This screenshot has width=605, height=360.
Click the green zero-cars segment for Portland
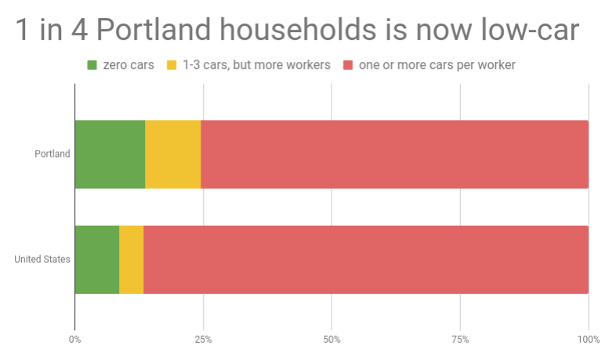(110, 155)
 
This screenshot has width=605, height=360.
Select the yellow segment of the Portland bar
(173, 155)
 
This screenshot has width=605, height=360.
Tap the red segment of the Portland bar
(395, 155)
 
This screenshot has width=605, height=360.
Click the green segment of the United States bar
(97, 260)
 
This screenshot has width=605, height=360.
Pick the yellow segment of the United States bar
(132, 260)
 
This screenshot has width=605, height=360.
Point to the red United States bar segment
(366, 260)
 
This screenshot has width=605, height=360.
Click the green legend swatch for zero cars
(92, 65)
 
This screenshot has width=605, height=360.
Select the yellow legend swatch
(172, 65)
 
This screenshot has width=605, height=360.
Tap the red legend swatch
(348, 65)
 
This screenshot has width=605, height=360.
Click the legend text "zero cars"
(129, 65)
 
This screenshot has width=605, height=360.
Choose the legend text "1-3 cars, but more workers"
(256, 65)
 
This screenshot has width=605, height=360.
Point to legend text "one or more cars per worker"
(437, 65)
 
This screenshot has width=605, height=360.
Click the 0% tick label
(75, 340)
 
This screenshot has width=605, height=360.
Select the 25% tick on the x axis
(203, 340)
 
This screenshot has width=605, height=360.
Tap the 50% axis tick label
(331, 340)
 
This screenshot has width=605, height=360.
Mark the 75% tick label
(460, 340)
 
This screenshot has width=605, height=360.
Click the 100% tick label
(589, 340)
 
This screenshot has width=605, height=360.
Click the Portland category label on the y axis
(53, 154)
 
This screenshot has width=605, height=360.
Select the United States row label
(42, 259)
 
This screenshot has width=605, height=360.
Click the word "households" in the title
(298, 29)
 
